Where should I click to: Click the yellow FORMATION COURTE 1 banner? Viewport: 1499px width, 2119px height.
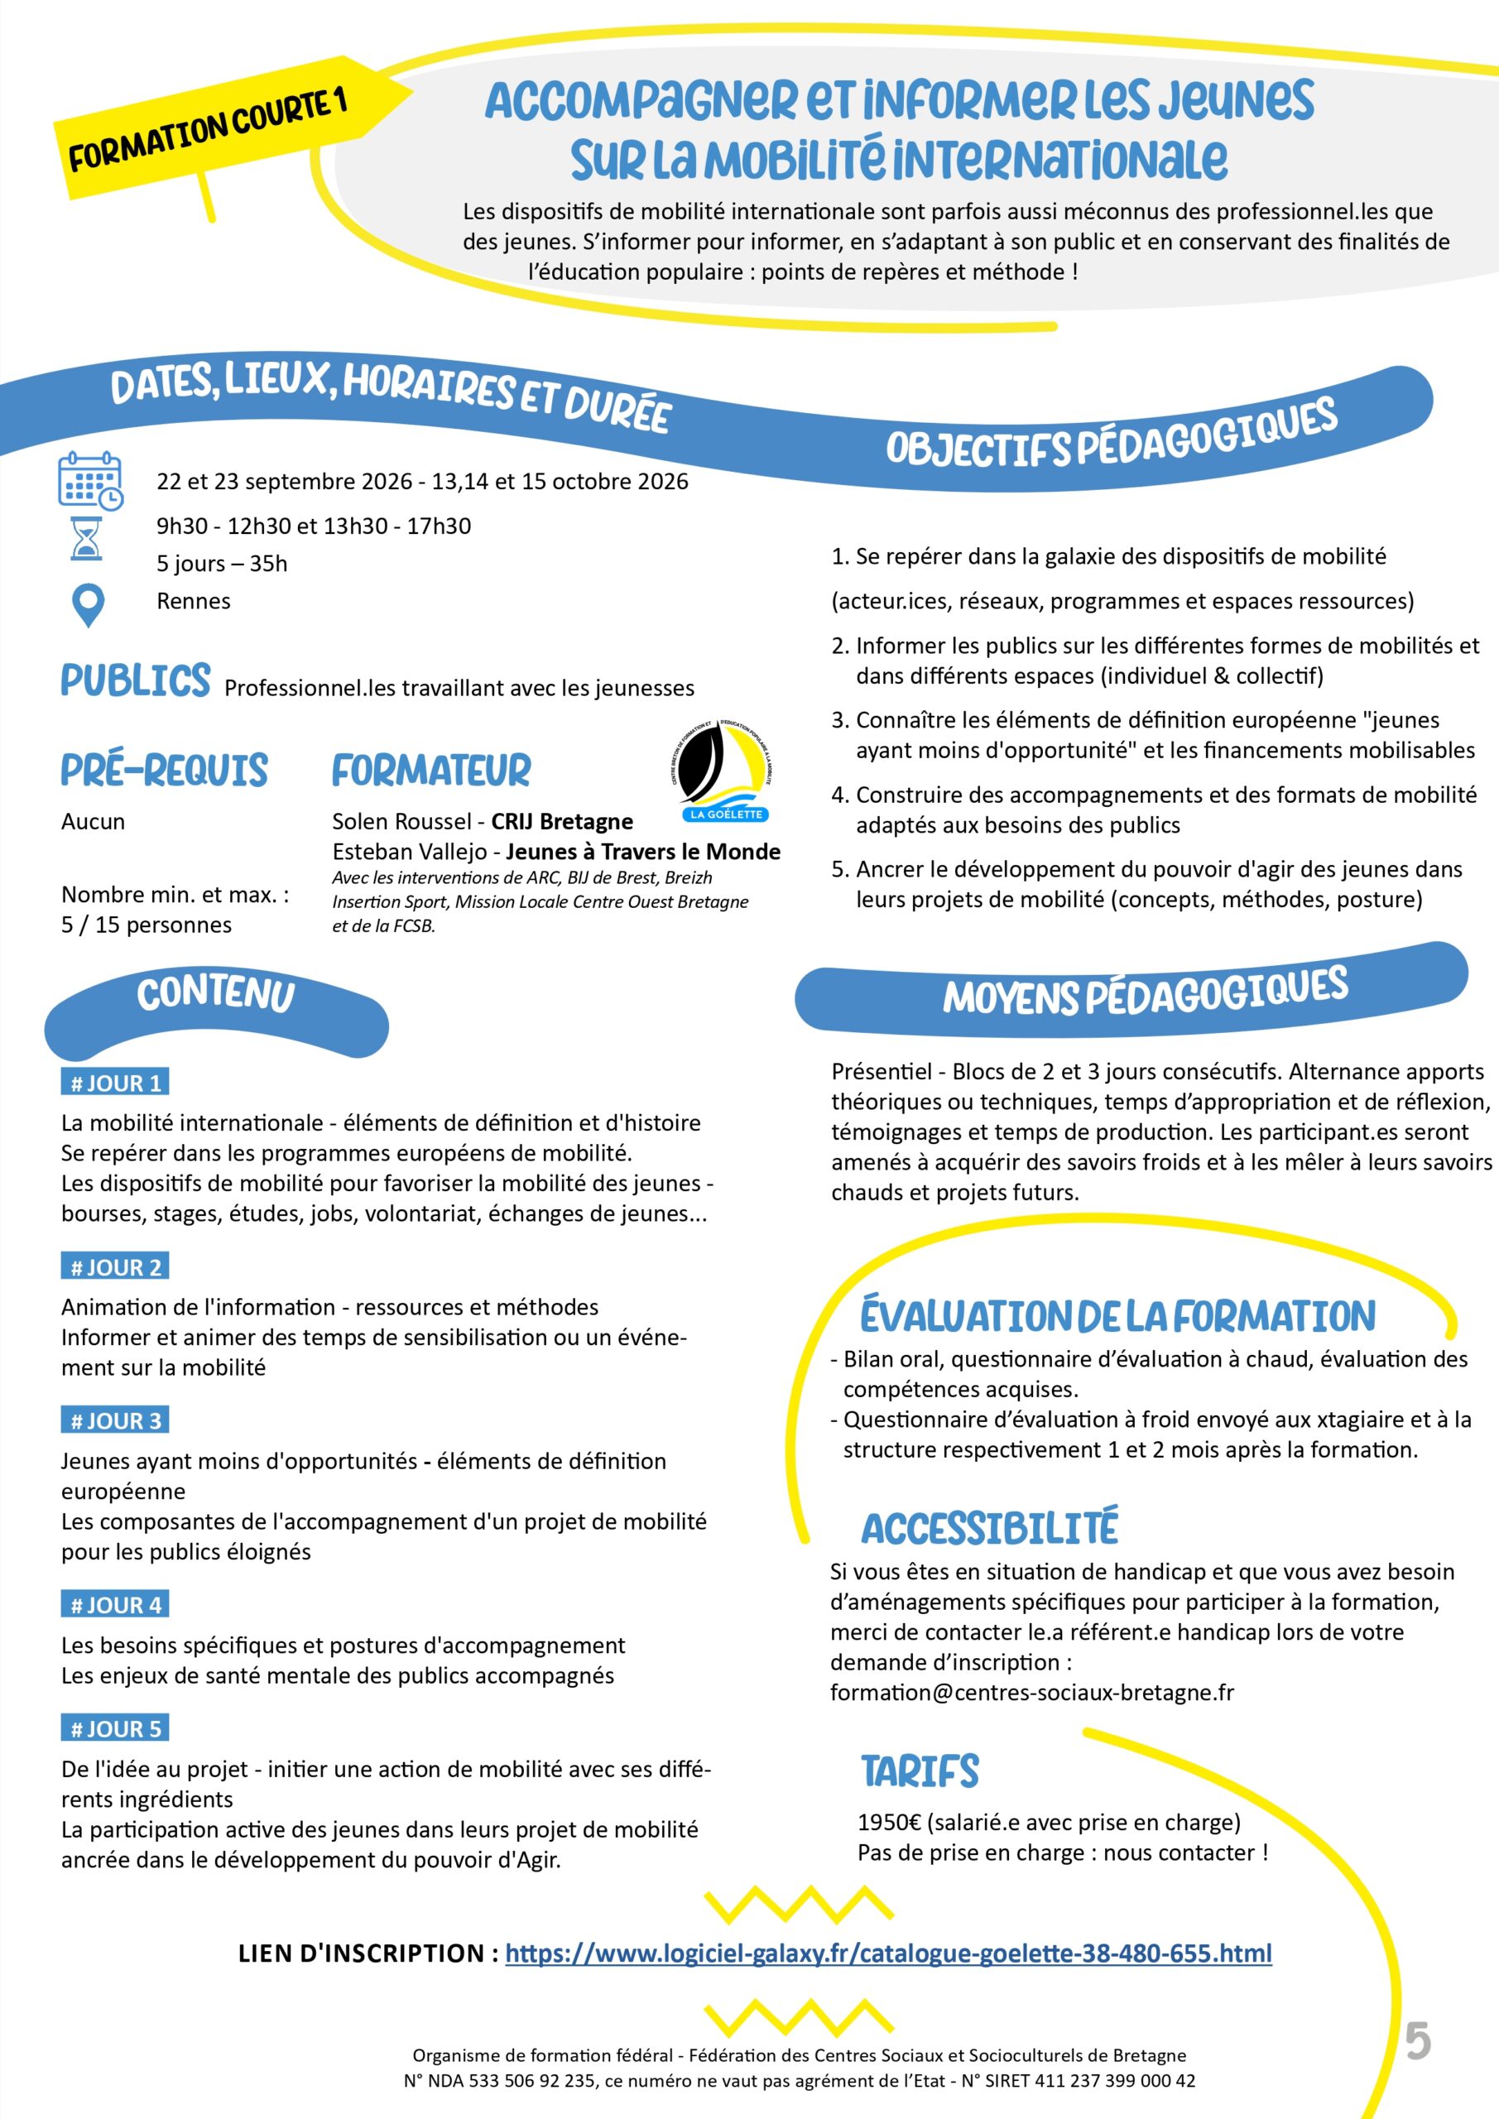click(x=208, y=130)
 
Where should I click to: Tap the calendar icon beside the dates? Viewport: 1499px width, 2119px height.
click(x=89, y=480)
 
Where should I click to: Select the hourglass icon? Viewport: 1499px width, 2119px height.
click(x=86, y=538)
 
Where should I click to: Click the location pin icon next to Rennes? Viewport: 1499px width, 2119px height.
click(x=88, y=604)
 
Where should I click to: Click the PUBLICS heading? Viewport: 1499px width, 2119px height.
click(x=136, y=681)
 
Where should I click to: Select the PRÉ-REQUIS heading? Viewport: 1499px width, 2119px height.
click(x=164, y=771)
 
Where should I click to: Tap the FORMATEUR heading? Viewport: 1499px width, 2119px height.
click(x=431, y=771)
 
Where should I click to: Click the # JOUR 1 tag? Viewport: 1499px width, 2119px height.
click(x=115, y=1083)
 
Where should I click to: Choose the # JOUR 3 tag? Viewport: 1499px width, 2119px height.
click(x=115, y=1420)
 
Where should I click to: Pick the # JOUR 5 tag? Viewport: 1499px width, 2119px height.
click(x=115, y=1728)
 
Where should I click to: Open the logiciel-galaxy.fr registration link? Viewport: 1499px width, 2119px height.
click(x=888, y=1953)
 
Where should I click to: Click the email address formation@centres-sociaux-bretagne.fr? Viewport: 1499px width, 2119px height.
click(x=1031, y=1693)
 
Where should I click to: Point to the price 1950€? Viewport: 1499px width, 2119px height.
click(x=890, y=1822)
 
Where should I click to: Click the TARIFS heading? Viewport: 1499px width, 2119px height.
click(x=920, y=1771)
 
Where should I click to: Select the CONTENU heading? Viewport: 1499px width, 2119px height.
click(x=216, y=995)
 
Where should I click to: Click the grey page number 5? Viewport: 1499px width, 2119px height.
click(x=1418, y=2041)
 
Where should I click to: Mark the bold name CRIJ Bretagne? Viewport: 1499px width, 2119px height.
click(x=561, y=821)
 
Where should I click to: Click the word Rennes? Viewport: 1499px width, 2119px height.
click(x=194, y=601)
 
